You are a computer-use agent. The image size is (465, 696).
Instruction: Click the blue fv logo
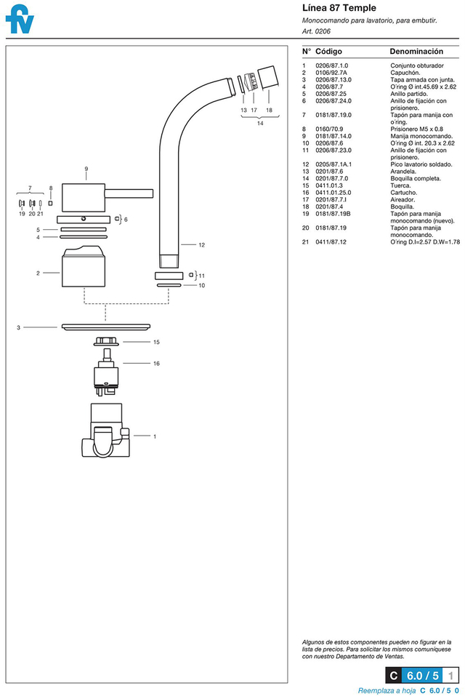(x=20, y=19)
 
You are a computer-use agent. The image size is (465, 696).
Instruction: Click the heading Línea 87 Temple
(x=339, y=7)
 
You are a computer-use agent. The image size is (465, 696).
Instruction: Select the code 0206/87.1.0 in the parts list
(x=331, y=65)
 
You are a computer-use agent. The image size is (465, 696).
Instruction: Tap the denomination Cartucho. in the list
(x=403, y=193)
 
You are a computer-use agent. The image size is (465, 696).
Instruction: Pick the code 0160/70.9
(x=329, y=129)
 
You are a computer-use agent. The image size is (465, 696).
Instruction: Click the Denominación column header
(x=416, y=52)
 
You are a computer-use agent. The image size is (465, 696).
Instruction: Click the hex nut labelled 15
(x=105, y=341)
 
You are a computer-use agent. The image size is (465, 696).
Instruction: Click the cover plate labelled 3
(x=106, y=327)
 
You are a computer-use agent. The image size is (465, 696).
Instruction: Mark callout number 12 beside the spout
(x=202, y=245)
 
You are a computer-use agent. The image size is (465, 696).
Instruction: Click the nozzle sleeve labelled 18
(x=268, y=77)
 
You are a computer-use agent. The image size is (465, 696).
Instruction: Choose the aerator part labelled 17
(x=251, y=81)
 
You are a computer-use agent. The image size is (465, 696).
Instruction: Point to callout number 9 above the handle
(x=86, y=169)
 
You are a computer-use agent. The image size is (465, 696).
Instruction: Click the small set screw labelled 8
(x=51, y=204)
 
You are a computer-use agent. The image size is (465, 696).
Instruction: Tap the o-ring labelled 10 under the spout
(x=169, y=285)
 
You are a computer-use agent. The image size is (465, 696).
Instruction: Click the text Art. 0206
(x=316, y=31)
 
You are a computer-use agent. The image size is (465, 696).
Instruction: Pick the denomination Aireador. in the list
(x=403, y=200)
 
